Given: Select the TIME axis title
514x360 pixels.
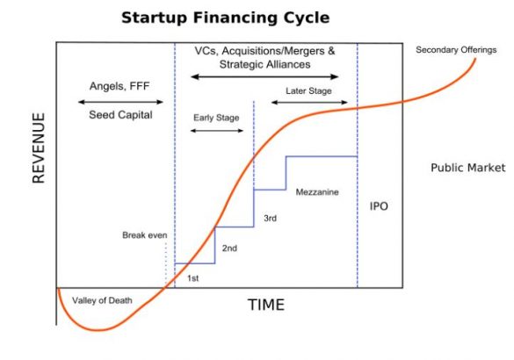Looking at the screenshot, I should tap(265, 305).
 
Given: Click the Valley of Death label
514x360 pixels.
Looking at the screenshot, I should tap(103, 300).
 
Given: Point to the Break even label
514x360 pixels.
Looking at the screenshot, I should tap(144, 235).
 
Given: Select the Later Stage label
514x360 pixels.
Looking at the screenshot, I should tap(308, 90).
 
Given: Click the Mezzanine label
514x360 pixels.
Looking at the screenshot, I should tap(317, 191).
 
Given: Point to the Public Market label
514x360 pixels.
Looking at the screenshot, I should tap(467, 167).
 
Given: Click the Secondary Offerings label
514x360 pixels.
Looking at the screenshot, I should tap(456, 50).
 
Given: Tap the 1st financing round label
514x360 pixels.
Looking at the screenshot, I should tap(194, 277).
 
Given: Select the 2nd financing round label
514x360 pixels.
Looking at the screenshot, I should tap(229, 248).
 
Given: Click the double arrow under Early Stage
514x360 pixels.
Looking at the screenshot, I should tap(216, 131).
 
